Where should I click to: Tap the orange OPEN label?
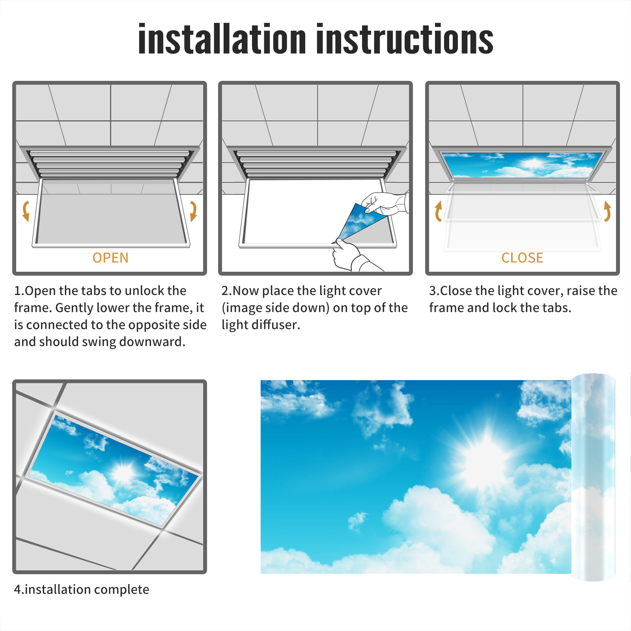pyautogui.click(x=110, y=258)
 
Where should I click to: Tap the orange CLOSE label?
pyautogui.click(x=522, y=258)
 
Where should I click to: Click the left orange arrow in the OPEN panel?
pyautogui.click(x=25, y=211)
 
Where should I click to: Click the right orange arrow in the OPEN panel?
pyautogui.click(x=194, y=211)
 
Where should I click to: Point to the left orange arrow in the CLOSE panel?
pyautogui.click(x=438, y=211)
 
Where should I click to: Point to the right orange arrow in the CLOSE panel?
pyautogui.click(x=607, y=211)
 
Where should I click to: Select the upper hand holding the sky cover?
pyautogui.click(x=385, y=203)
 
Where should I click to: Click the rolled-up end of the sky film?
pyautogui.click(x=593, y=477)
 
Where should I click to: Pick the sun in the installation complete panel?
pyautogui.click(x=123, y=472)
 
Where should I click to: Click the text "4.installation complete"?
pyautogui.click(x=82, y=590)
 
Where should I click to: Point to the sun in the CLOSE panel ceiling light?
pyautogui.click(x=532, y=163)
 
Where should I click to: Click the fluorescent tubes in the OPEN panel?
pyautogui.click(x=108, y=163)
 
